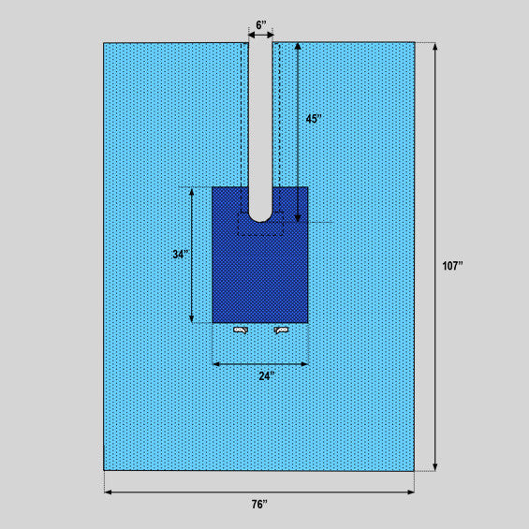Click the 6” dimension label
point(261,25)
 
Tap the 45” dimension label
point(314,119)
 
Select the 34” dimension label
point(181,255)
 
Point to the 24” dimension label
point(267,375)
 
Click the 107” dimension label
point(452,266)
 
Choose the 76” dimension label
point(259,505)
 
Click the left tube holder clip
point(241,330)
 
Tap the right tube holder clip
point(281,330)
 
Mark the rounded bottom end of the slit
point(260,221)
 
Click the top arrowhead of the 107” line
point(435,45)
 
